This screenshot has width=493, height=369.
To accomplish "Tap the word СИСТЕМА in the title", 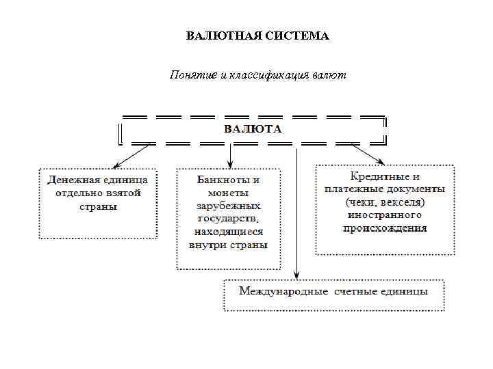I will pyautogui.click(x=296, y=36).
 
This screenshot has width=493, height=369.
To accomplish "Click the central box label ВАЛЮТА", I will pyautogui.click(x=253, y=128).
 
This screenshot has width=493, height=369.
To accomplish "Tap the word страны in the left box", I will pyautogui.click(x=99, y=206).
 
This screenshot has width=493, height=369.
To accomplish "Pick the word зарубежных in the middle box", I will pyautogui.click(x=229, y=206).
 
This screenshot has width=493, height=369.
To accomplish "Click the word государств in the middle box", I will pyautogui.click(x=229, y=219).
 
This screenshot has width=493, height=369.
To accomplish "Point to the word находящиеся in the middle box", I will pyautogui.click(x=229, y=232).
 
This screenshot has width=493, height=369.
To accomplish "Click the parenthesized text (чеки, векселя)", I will pyautogui.click(x=385, y=202).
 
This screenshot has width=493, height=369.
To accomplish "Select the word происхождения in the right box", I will pyautogui.click(x=385, y=228).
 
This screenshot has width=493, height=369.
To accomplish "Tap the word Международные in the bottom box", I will pyautogui.click(x=284, y=292).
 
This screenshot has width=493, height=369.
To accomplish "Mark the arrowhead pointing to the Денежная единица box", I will pyautogui.click(x=116, y=166).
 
